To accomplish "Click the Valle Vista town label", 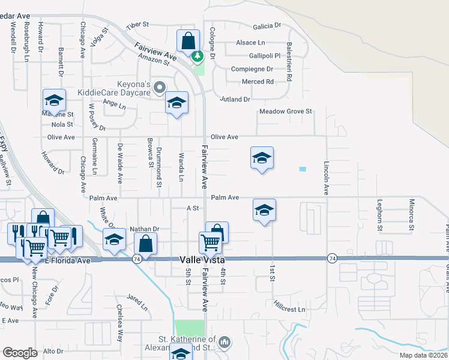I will point(202,260).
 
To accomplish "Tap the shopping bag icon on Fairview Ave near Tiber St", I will point(188,41).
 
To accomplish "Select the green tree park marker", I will point(196,56).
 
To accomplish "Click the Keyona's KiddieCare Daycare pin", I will point(159,88).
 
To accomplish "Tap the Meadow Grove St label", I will point(286,112).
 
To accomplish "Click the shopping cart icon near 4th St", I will point(210,242).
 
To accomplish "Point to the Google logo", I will point(20,352).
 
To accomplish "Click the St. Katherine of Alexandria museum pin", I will point(224,342).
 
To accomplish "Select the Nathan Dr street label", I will point(144,229).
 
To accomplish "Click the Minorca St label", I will point(411,215).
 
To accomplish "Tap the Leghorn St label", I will point(379,215).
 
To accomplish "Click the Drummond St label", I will point(159,167).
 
